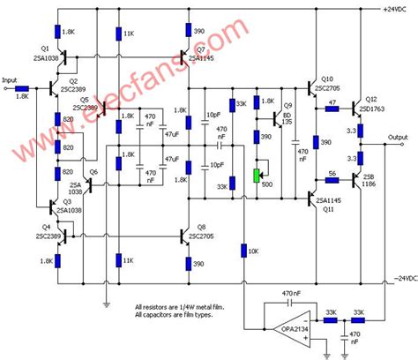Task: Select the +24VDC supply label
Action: pyautogui.click(x=397, y=9)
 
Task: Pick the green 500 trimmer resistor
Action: pyautogui.click(x=257, y=172)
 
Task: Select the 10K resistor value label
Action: pyautogui.click(x=254, y=251)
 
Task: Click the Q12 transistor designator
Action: pyautogui.click(x=370, y=97)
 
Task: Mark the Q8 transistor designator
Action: pyautogui.click(x=201, y=227)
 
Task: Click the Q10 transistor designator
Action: pyautogui.click(x=327, y=77)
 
